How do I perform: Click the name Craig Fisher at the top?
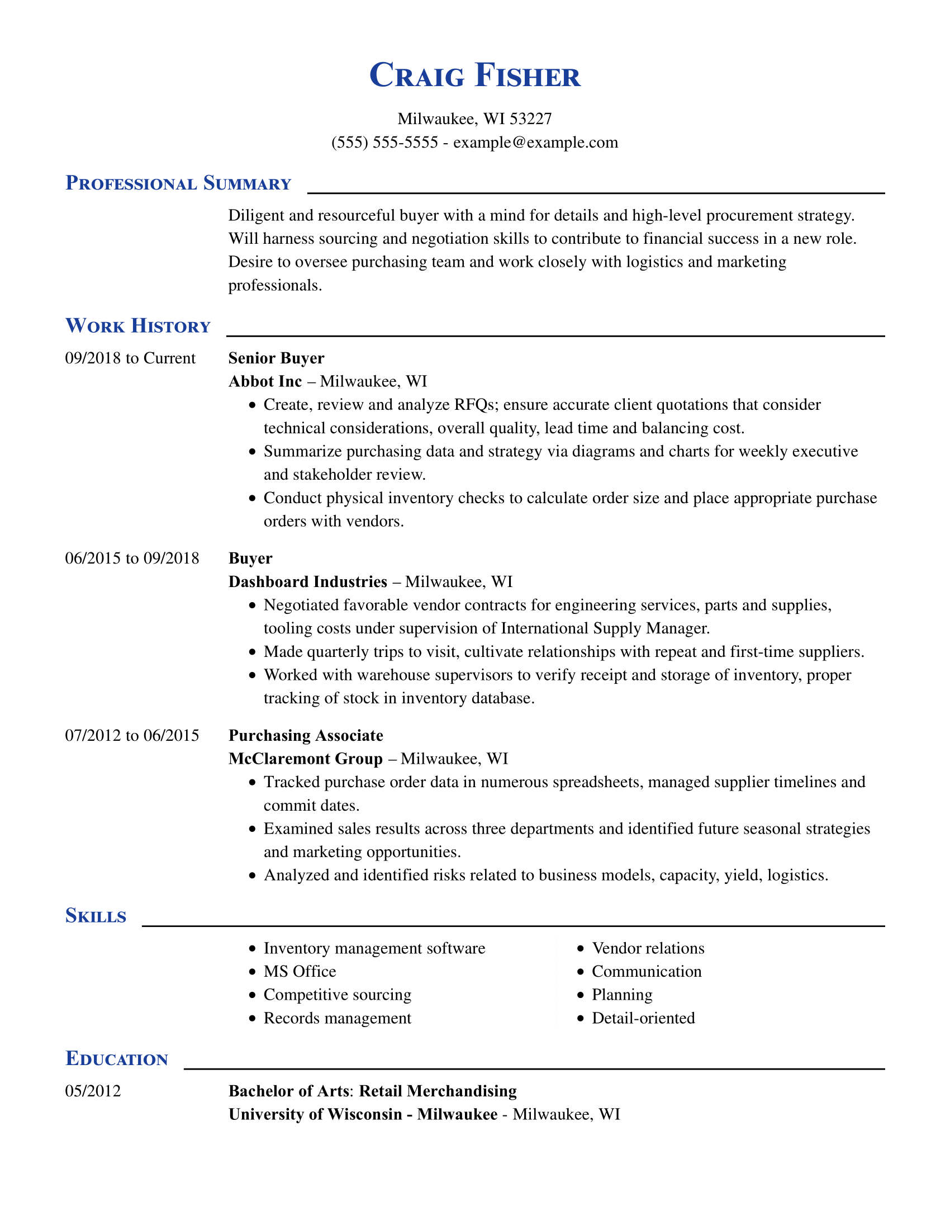pyautogui.click(x=474, y=75)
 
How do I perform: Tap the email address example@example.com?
pyautogui.click(x=535, y=143)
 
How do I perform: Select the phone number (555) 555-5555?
pyautogui.click(x=384, y=143)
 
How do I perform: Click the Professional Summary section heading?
pyautogui.click(x=178, y=183)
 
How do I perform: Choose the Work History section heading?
pyautogui.click(x=138, y=326)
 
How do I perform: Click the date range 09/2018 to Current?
pyautogui.click(x=131, y=358)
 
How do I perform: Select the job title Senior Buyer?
pyautogui.click(x=276, y=358)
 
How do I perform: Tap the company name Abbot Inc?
pyautogui.click(x=265, y=382)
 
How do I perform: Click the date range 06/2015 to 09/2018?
pyautogui.click(x=132, y=558)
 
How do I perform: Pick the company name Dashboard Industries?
pyautogui.click(x=308, y=582)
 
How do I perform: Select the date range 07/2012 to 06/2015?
pyautogui.click(x=132, y=736)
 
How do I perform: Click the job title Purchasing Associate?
pyautogui.click(x=306, y=736)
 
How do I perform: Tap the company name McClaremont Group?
pyautogui.click(x=306, y=759)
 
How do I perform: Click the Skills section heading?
pyautogui.click(x=96, y=916)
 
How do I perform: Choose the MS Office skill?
pyautogui.click(x=300, y=972)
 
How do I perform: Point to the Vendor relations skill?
pyautogui.click(x=648, y=948)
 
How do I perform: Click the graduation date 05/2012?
pyautogui.click(x=93, y=1091)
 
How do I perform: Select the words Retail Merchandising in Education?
pyautogui.click(x=438, y=1091)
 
